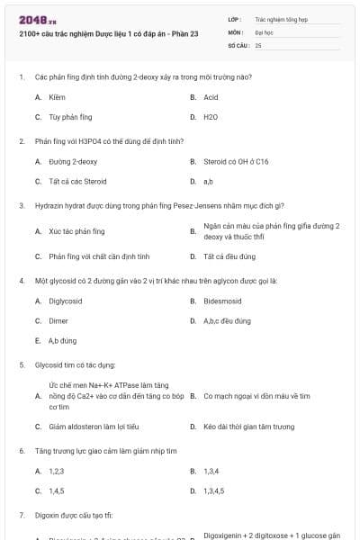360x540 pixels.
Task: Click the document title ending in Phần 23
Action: (x=107, y=34)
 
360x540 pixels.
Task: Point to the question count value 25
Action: (x=258, y=44)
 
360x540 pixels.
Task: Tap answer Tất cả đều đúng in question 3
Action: (x=229, y=256)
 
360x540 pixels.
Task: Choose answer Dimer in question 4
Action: (x=58, y=321)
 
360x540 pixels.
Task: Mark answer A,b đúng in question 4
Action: (x=62, y=341)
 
